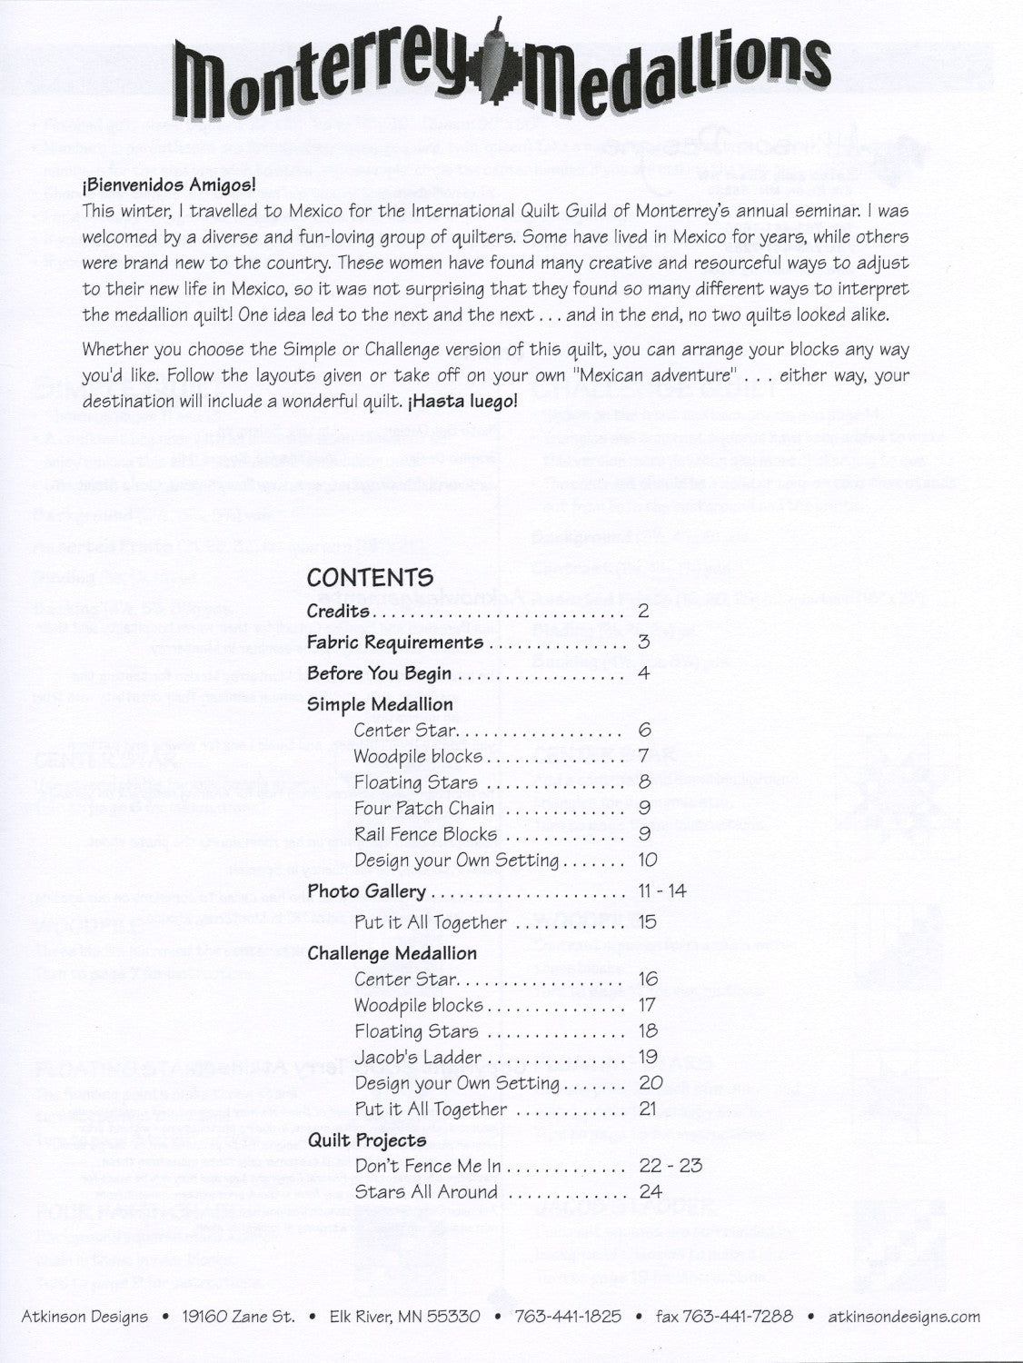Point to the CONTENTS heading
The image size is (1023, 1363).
pos(370,577)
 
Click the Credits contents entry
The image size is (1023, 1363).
pos(338,611)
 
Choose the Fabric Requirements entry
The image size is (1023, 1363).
pos(395,642)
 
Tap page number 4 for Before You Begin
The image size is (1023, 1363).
pos(643,673)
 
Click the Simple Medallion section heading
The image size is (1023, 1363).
pos(380,704)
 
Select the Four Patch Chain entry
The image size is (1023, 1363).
pos(424,808)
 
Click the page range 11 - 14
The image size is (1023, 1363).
pos(661,891)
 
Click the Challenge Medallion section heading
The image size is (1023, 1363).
pos(392,953)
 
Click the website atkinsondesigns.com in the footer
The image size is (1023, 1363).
pos(904,1316)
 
